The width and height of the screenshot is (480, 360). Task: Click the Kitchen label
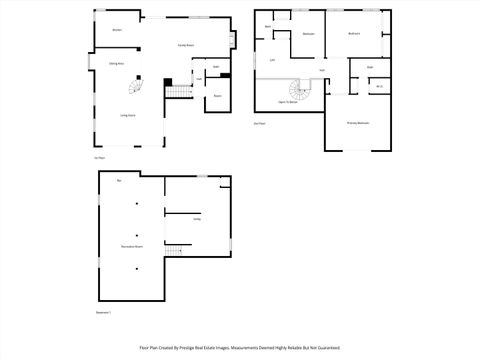click(117, 30)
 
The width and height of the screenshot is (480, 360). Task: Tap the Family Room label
click(185, 46)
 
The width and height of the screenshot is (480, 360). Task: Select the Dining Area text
click(117, 64)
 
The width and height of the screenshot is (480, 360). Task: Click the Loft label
click(272, 60)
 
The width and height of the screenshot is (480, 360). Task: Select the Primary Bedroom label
click(357, 123)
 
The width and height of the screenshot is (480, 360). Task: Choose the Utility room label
click(197, 218)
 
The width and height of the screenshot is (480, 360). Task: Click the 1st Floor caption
click(99, 157)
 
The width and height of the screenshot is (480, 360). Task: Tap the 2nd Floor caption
click(259, 124)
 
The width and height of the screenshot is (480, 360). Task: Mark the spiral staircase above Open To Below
click(300, 88)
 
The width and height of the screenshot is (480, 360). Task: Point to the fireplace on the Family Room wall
click(234, 41)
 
